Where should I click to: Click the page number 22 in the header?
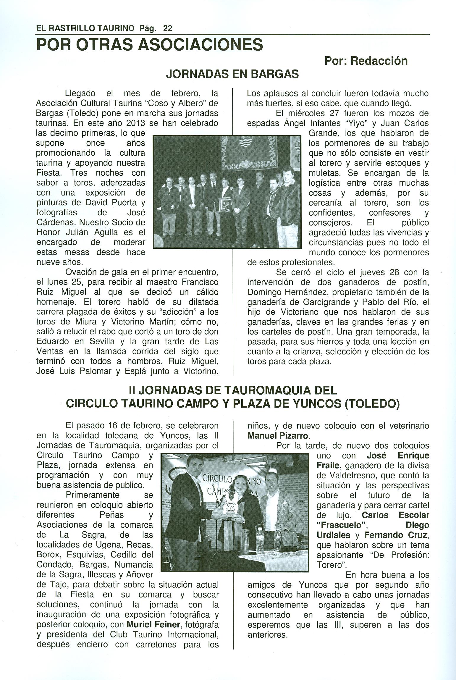167,28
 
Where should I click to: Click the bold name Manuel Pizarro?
278,436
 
